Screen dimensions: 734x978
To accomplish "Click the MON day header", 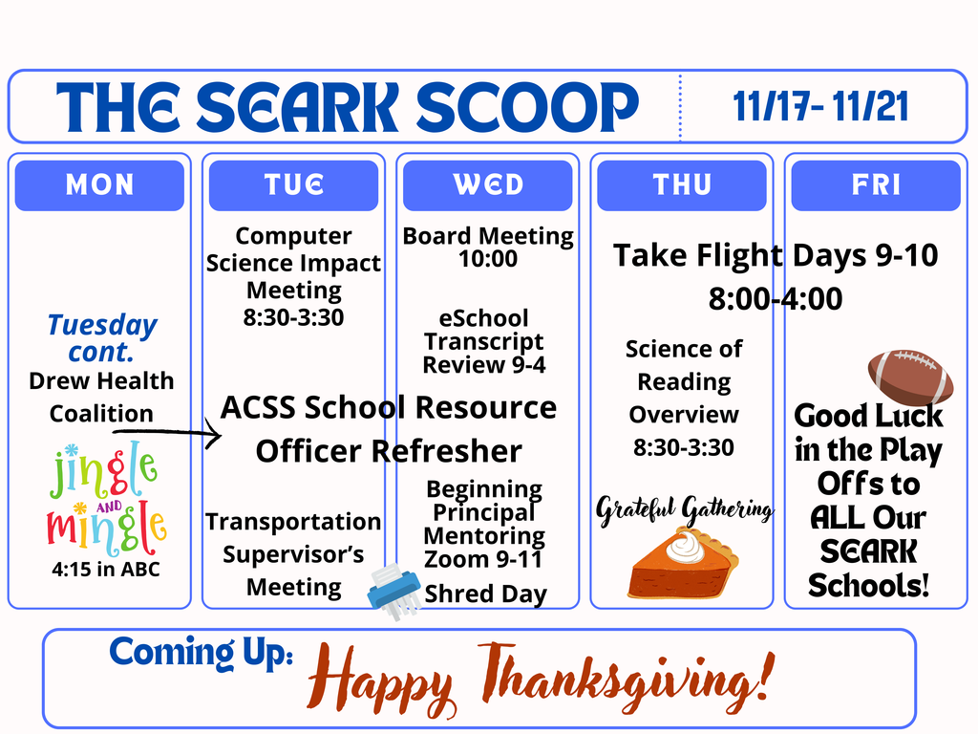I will [99, 184].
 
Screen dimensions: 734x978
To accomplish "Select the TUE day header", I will [294, 184].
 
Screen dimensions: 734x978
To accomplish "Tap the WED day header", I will [488, 184].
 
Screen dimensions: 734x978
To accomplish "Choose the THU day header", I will [682, 184].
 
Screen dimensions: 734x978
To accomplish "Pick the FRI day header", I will [876, 184].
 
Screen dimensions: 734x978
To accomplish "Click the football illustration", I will [909, 377].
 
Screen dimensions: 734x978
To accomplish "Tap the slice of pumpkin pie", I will [684, 565].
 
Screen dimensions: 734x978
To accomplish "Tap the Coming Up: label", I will [201, 653].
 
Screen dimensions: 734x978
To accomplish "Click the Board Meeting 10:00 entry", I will [488, 247].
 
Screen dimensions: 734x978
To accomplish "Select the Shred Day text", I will [485, 594].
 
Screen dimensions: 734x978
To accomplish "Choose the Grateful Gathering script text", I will [684, 510].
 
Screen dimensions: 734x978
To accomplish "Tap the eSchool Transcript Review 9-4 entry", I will [484, 341].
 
